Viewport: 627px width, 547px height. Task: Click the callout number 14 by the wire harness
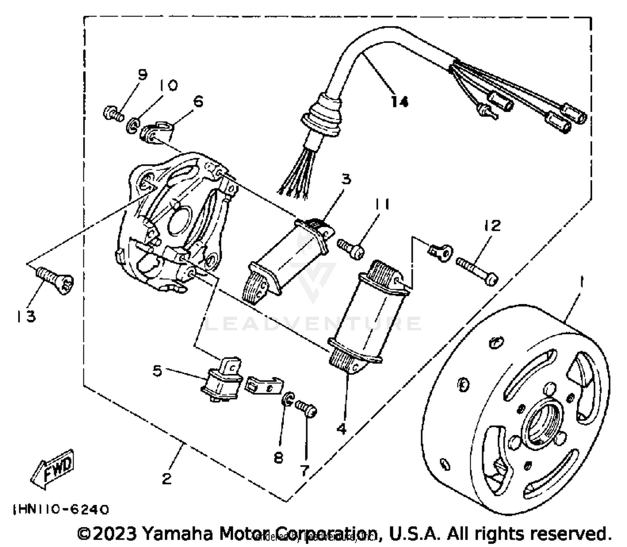click(x=399, y=102)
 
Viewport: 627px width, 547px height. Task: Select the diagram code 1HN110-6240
click(x=61, y=509)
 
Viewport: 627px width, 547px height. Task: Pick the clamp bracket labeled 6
click(x=160, y=131)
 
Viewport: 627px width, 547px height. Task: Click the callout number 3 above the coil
click(x=346, y=179)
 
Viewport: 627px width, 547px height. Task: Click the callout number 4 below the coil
click(x=342, y=429)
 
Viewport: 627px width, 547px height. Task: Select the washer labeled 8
click(x=288, y=399)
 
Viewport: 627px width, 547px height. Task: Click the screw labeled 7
click(x=306, y=408)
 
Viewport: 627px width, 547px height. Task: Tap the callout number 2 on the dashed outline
click(x=167, y=478)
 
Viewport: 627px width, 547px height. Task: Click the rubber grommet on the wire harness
click(x=323, y=112)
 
